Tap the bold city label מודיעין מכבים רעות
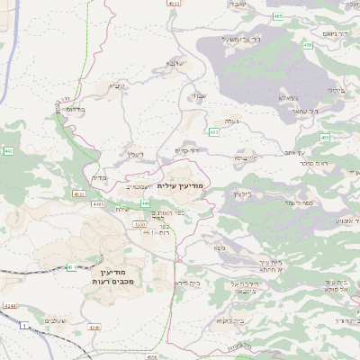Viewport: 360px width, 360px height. pos(112,276)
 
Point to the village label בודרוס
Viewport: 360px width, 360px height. pos(75,109)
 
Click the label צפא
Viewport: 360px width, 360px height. pos(219,246)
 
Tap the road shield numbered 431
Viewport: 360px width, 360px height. pos(69,267)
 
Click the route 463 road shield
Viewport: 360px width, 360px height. pos(213,132)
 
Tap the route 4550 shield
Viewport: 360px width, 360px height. pos(139,223)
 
